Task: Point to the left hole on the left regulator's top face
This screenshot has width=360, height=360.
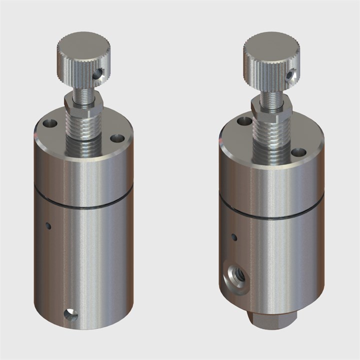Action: tap(49, 123)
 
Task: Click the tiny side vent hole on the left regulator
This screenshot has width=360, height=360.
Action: tap(48, 225)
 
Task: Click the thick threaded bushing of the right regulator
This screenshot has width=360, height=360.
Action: tap(273, 137)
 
